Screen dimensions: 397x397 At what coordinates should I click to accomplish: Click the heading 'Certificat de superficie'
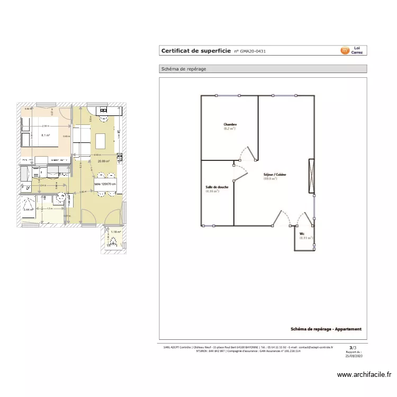pos(195,51)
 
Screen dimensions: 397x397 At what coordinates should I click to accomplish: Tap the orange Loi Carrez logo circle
pos(345,51)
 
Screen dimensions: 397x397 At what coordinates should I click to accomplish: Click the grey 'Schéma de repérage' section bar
pos(263,69)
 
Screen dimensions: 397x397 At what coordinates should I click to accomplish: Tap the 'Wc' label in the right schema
pos(302,233)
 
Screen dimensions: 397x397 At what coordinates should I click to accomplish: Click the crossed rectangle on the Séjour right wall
pos(311,176)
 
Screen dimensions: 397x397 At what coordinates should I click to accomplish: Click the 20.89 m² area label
pos(103,161)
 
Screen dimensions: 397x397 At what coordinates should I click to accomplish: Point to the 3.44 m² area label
pos(28,210)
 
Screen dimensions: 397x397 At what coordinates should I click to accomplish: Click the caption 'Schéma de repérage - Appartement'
pos(326,329)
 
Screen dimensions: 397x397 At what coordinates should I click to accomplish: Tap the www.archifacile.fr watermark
pos(364,375)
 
